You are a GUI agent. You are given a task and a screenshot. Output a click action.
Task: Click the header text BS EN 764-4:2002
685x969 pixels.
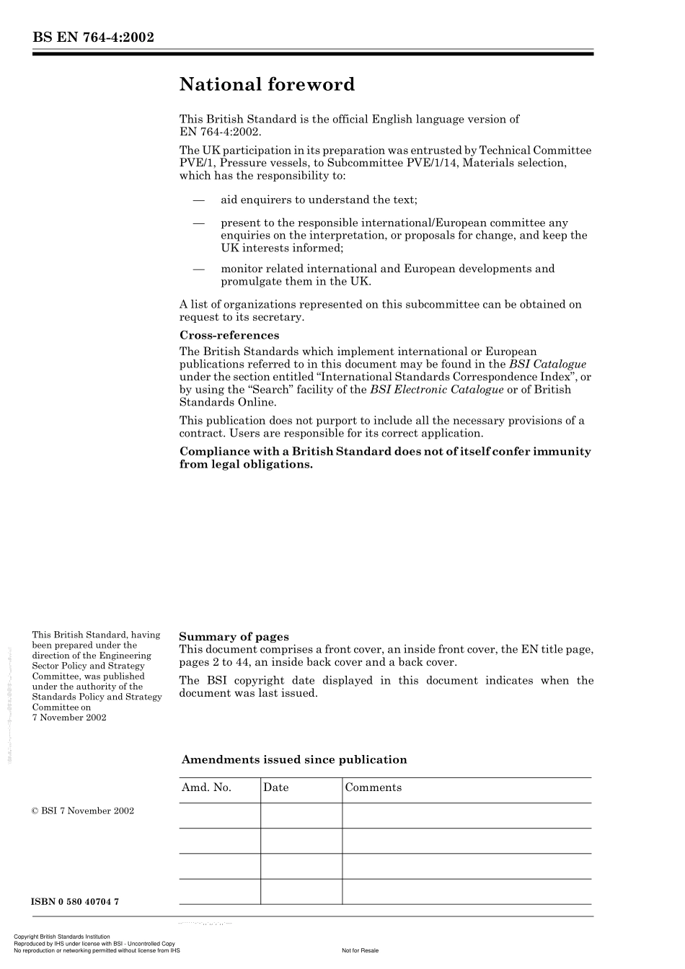point(93,37)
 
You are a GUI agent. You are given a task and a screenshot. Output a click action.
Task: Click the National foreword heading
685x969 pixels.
point(267,85)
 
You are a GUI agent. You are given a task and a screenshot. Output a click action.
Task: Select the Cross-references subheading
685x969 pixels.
point(229,335)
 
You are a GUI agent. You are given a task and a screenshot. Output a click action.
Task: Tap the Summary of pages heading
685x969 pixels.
point(234,636)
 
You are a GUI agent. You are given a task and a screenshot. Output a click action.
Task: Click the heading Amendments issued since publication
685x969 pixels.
point(294,759)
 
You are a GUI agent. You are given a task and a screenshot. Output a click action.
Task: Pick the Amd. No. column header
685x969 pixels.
point(206,787)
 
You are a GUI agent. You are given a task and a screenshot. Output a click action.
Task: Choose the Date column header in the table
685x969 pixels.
point(275,787)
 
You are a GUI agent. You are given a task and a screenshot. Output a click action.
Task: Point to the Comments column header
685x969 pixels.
point(373,787)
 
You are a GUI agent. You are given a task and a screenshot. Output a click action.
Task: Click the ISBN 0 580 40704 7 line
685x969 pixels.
point(75,901)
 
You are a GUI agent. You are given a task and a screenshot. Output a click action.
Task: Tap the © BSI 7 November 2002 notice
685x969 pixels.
point(83,811)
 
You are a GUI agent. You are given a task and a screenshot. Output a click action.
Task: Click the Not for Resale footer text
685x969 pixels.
point(360,950)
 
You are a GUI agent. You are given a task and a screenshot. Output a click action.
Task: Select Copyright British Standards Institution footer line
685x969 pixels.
point(62,937)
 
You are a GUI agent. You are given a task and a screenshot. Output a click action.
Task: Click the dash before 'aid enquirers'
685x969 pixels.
point(199,200)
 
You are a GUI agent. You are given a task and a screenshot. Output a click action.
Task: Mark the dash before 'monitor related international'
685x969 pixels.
point(199,269)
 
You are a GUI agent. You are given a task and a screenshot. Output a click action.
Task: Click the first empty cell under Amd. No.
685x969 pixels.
point(219,816)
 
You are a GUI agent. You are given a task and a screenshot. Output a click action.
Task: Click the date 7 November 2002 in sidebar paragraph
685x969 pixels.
point(69,717)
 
